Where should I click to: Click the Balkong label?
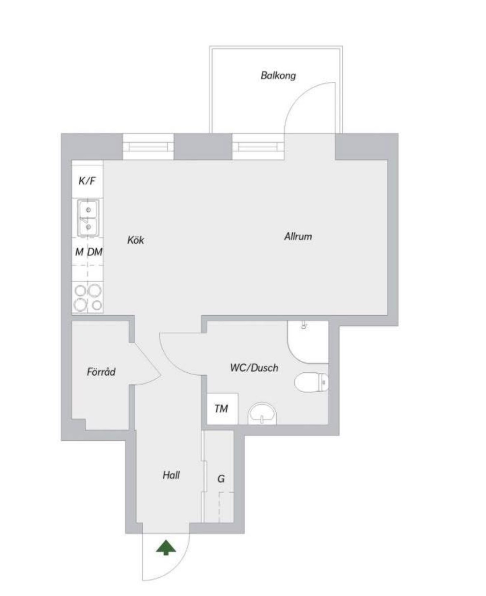pos(278,76)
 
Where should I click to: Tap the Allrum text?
pos(298,236)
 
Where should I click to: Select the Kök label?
pos(136,240)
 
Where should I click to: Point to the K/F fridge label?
pos(87,181)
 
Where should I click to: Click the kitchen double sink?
pos(88,218)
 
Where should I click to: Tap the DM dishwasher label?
pos(95,252)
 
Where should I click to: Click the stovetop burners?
pos(88,298)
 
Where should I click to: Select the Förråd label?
pos(101,371)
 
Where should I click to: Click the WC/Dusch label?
pos(254,368)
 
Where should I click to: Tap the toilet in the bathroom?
pos(312,382)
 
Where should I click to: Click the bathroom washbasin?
pos(263,414)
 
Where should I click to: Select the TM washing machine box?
pos(223,409)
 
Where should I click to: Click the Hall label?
pos(171,475)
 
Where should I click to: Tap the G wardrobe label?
pos(221,479)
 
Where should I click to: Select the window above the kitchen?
pos(148,147)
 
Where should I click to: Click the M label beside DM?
pos(79,252)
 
